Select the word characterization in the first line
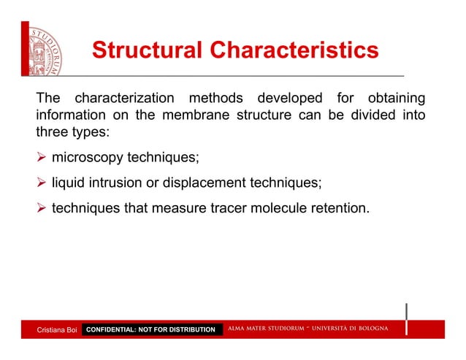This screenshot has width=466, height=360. pyautogui.click(x=125, y=98)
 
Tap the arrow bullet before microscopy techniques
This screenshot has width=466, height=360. pyautogui.click(x=41, y=158)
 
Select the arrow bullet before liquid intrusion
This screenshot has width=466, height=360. pyautogui.click(x=41, y=183)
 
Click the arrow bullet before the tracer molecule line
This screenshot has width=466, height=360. pyautogui.click(x=41, y=210)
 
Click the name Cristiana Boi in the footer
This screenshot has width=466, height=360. pyautogui.click(x=57, y=330)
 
